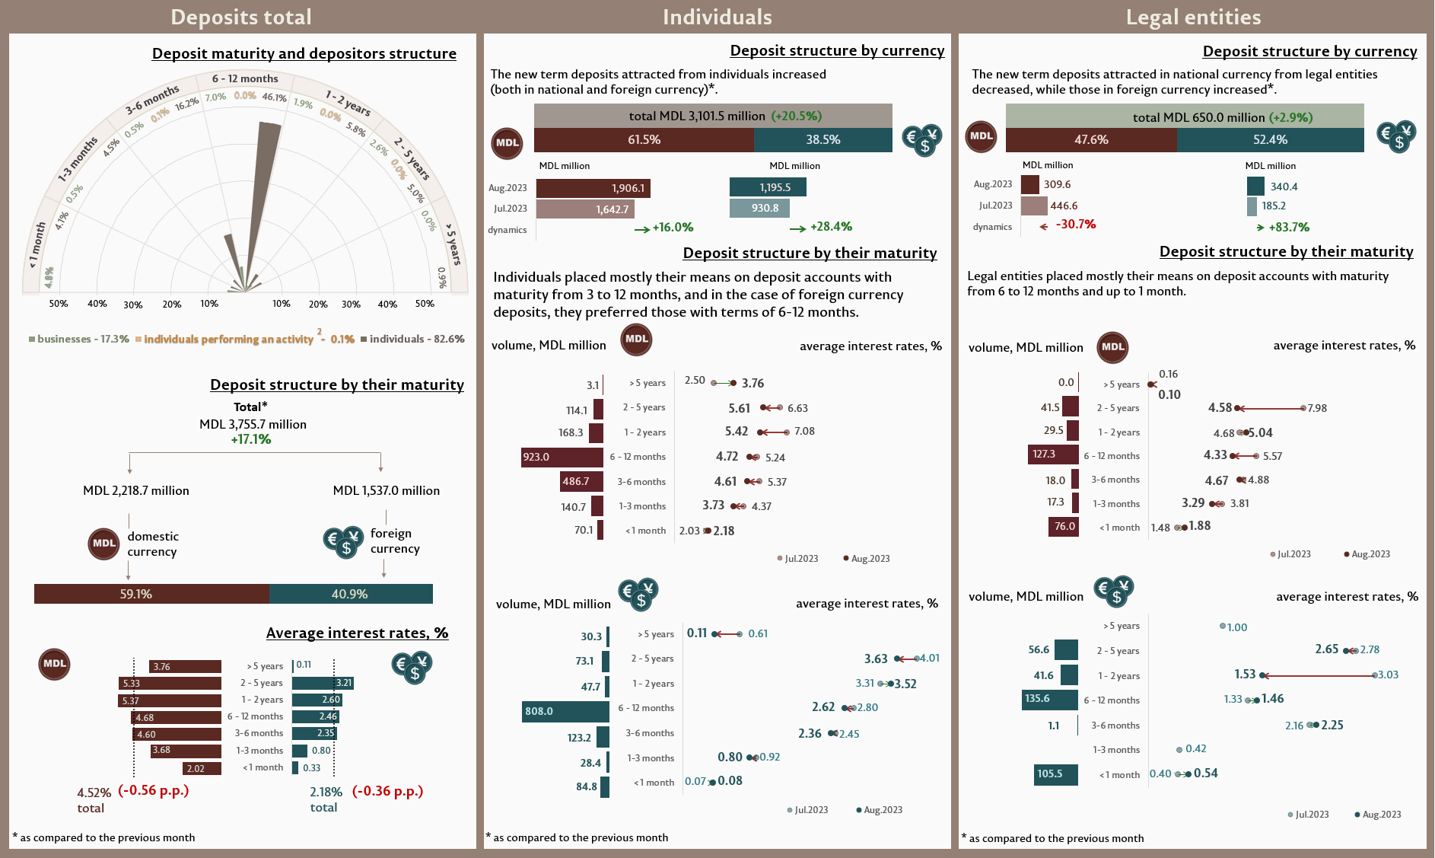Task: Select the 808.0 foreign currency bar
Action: point(565,711)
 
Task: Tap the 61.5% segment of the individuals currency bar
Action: point(644,140)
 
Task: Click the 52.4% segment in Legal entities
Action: point(1270,140)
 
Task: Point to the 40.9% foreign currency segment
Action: point(351,594)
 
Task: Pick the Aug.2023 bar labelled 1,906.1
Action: point(593,188)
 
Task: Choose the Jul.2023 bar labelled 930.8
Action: point(759,208)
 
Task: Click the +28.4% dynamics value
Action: point(831,227)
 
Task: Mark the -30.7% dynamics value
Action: point(1075,225)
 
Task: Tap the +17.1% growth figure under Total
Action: point(251,439)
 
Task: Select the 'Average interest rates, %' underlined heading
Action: point(357,633)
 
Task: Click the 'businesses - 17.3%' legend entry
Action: point(79,339)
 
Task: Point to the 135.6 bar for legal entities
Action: point(1050,699)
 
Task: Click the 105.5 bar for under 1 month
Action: point(1056,774)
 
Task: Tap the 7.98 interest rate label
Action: point(1317,408)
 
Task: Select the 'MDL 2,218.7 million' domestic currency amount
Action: point(136,490)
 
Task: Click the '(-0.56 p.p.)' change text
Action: point(154,790)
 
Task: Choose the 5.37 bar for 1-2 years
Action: point(170,700)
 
